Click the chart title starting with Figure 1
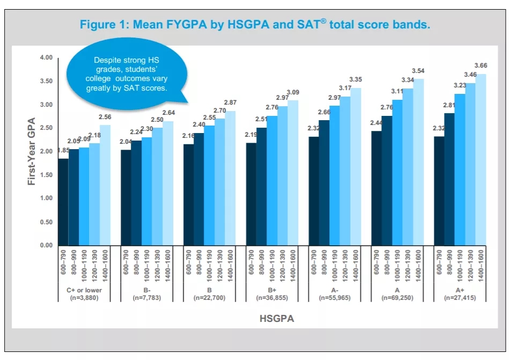click(x=255, y=25)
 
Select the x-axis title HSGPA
click(x=277, y=318)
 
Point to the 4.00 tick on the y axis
click(x=46, y=58)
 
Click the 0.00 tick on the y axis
click(x=46, y=246)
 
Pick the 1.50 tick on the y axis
click(x=46, y=175)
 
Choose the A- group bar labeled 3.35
click(x=356, y=166)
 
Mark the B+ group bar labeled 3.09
click(x=293, y=173)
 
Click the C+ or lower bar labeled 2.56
click(x=105, y=185)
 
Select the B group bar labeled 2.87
click(x=230, y=178)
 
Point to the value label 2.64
click(x=168, y=113)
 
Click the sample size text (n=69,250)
click(x=397, y=297)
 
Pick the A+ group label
click(x=460, y=290)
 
